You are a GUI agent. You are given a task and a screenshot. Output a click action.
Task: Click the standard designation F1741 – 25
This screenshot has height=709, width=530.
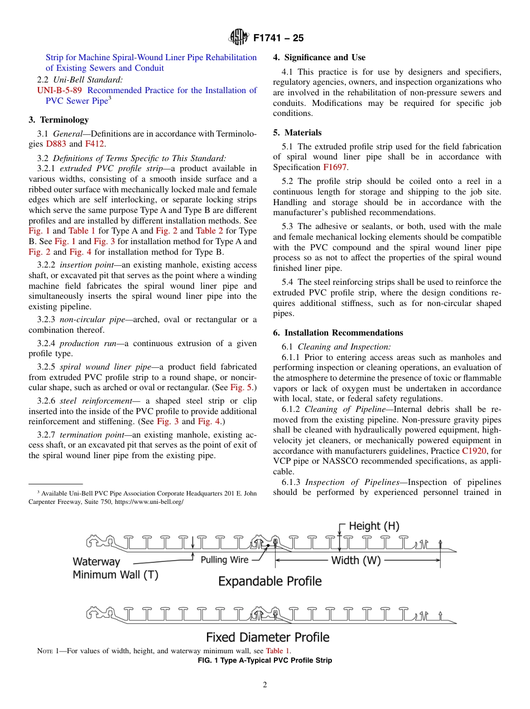pos(278,38)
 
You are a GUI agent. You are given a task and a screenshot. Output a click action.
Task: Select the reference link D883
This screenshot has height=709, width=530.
pos(56,144)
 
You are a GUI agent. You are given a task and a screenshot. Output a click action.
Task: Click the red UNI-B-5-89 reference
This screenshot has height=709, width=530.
pos(60,90)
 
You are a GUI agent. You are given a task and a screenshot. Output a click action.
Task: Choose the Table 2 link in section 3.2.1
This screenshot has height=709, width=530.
pos(209,231)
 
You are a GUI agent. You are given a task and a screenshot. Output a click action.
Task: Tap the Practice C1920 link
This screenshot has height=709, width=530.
pos(474,451)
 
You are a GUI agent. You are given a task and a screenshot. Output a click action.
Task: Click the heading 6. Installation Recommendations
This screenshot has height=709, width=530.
pos(338,333)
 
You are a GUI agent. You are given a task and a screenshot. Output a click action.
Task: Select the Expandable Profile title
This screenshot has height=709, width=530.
pos(269,581)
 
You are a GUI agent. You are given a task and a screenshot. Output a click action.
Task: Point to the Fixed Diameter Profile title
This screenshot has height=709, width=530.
pos(268,637)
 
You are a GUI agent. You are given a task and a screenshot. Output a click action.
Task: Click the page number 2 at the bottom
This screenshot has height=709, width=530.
pos(265,685)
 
